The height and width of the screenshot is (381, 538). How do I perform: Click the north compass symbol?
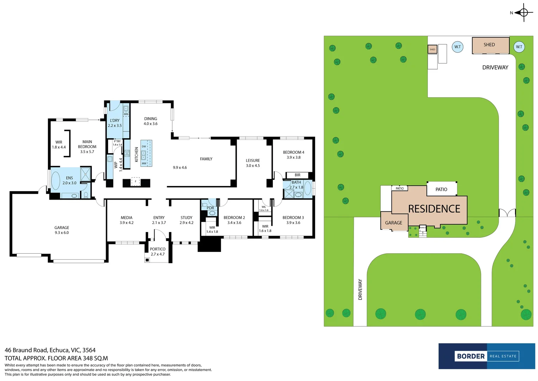pos(523,13)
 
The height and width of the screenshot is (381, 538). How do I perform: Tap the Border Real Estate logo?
pos(487,356)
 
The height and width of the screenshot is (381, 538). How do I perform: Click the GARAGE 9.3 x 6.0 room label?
pos(62,230)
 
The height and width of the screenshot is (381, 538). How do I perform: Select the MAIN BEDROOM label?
pos(87,146)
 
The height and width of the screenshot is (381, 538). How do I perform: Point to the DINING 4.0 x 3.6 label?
pos(150,121)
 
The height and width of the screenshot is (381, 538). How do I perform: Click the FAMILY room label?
pos(206,159)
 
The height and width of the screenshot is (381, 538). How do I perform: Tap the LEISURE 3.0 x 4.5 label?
pos(252,163)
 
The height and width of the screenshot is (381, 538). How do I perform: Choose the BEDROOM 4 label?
pos(293,155)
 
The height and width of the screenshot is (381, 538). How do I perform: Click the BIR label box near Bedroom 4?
pos(298,175)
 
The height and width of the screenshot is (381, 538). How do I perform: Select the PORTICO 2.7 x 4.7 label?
pos(157,252)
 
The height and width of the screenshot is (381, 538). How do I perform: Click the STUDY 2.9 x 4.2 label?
pos(186,220)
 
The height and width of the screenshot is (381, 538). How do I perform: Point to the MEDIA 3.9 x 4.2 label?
pos(126,220)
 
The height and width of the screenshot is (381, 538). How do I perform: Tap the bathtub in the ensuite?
pos(56,180)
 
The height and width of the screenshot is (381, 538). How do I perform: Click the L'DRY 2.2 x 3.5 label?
pos(114,123)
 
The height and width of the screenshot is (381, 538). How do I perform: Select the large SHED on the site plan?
pos(490,45)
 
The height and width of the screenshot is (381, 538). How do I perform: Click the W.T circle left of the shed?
pos(457,47)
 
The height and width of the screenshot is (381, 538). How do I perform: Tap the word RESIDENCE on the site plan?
pos(434,209)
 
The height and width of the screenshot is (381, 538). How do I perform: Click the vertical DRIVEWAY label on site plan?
pos(360,289)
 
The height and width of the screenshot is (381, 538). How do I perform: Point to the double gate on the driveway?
pos(507,213)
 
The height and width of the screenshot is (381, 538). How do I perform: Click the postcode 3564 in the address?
pos(89,350)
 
